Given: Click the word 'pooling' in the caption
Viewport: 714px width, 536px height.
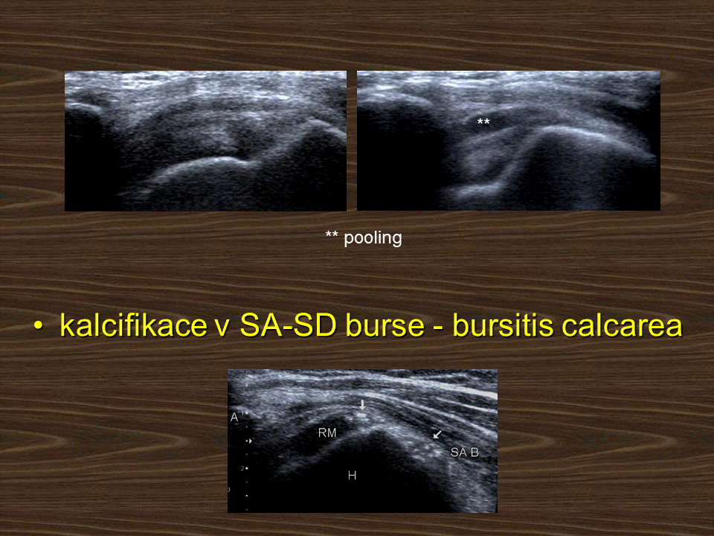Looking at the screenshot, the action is pos(373,238).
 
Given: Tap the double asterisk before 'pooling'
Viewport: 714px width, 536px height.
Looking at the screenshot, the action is pos(332,234).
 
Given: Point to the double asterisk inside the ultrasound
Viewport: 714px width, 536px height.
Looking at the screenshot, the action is pos(483,121).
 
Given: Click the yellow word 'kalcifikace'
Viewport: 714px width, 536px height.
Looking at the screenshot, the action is pos(133,326).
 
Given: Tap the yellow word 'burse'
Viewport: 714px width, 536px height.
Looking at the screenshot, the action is pos(385,326).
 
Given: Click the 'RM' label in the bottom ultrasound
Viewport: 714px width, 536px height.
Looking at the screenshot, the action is pos(327,433).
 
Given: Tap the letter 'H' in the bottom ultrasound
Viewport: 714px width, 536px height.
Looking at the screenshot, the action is pos(352,476).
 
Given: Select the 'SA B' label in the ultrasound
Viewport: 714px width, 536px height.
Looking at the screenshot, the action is pos(464,452).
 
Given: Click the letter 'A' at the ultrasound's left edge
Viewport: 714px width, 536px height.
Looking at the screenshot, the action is pos(234,417).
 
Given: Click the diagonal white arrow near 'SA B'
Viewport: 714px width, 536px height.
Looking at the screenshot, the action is pos(437,434).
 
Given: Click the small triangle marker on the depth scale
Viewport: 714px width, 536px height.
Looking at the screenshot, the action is pos(250,441).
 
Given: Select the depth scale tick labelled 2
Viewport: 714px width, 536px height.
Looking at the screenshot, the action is pos(245,468).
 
